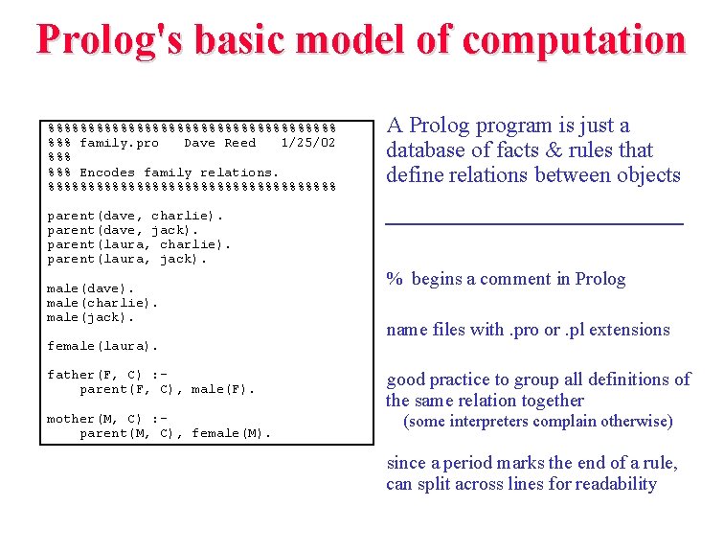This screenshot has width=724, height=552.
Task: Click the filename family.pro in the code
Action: (x=119, y=143)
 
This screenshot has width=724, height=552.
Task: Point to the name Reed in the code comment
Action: (x=239, y=143)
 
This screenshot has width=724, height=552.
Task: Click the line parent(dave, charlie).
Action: (x=135, y=216)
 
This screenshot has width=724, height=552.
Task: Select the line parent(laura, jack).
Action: (x=126, y=259)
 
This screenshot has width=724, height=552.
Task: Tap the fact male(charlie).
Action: (x=102, y=302)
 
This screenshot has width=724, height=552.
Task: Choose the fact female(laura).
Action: (x=102, y=345)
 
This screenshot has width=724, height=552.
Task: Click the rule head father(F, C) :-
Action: (x=107, y=375)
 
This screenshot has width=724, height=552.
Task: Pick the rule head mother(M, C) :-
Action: (x=107, y=419)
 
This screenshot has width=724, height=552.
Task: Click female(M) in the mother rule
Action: (x=232, y=433)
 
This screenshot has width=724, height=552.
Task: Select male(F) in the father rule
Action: (x=223, y=389)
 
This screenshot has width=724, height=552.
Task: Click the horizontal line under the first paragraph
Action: (x=533, y=223)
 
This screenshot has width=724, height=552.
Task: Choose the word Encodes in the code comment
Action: (x=107, y=172)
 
